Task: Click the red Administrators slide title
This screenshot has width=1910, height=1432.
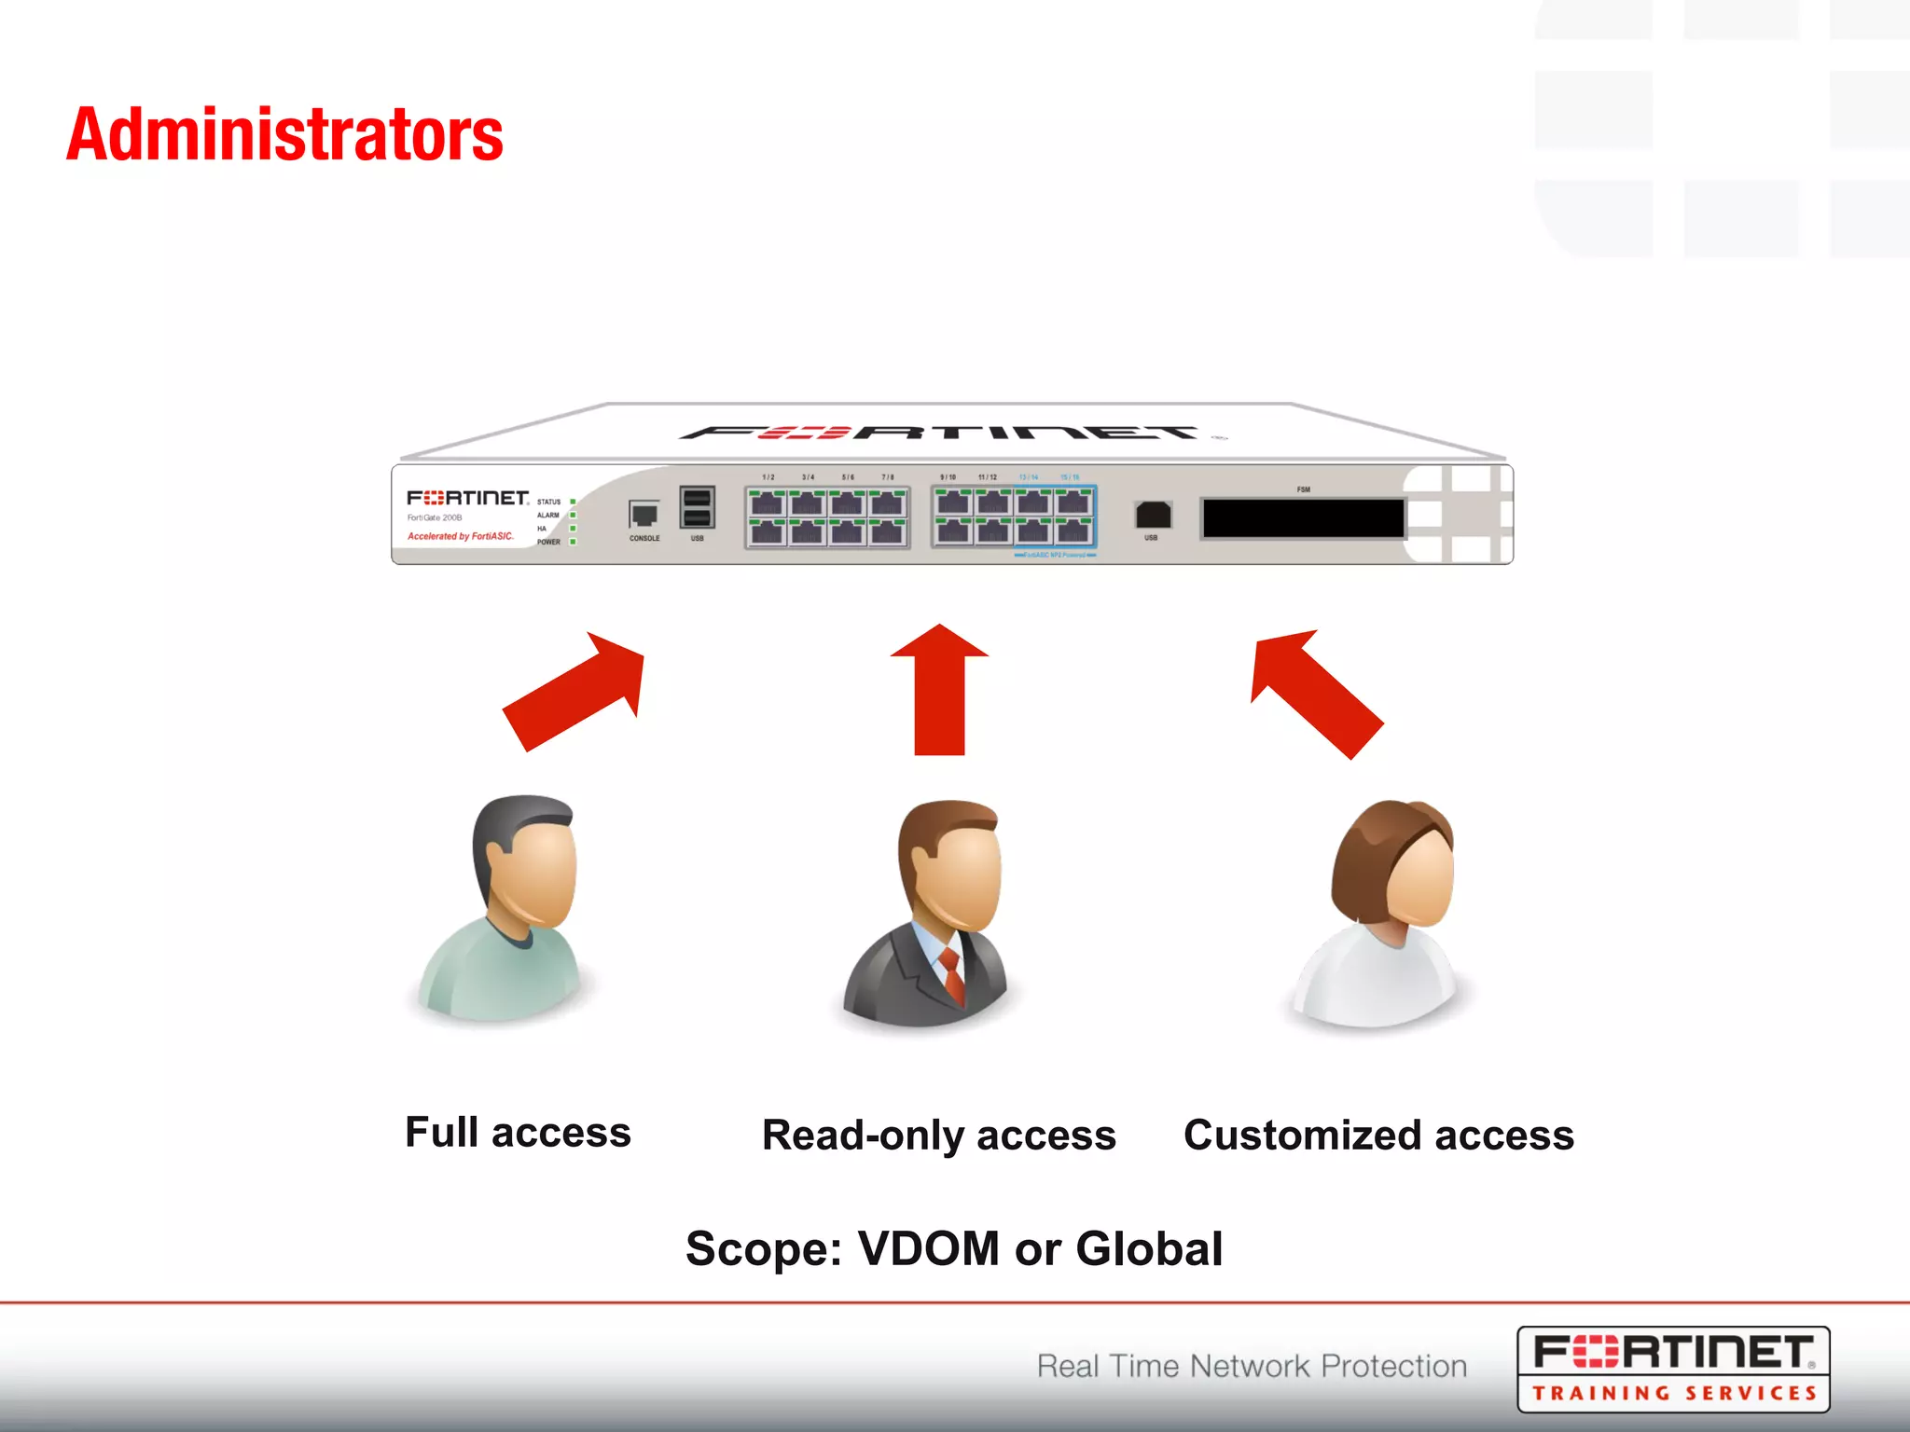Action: click(284, 135)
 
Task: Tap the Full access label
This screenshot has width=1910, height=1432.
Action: click(518, 1133)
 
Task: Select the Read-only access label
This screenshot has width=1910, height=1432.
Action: click(938, 1136)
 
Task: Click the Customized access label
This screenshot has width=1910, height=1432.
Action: click(1378, 1136)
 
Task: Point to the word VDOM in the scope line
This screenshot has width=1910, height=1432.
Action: click(928, 1249)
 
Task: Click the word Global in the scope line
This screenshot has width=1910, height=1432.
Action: click(1148, 1249)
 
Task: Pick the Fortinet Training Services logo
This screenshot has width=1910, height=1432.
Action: click(1673, 1369)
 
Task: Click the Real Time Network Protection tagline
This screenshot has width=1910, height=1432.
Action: click(1252, 1366)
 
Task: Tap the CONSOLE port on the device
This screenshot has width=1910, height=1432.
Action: click(644, 515)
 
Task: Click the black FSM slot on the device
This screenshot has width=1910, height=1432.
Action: click(1303, 518)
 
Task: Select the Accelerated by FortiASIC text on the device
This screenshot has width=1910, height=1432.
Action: click(461, 536)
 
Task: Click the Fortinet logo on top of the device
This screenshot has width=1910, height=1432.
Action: click(942, 433)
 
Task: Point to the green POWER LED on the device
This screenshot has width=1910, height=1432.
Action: click(573, 542)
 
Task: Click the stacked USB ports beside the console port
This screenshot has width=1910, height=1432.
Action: click(697, 508)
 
